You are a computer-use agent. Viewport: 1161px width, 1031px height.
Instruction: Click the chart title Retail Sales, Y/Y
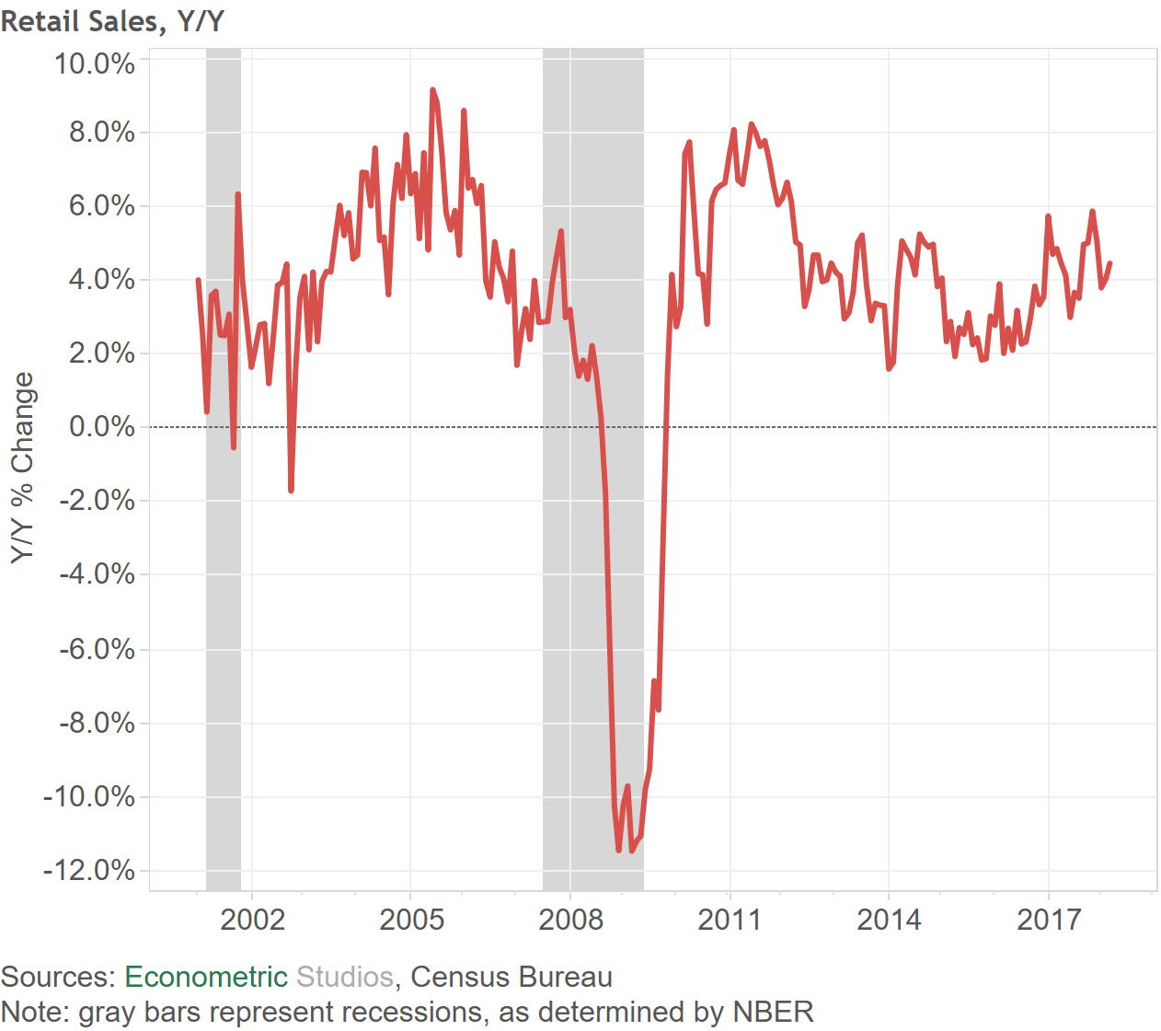coord(112,20)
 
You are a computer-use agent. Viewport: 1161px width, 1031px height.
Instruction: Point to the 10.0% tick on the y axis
coord(95,64)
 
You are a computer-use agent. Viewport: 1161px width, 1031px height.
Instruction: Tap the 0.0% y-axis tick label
coord(102,427)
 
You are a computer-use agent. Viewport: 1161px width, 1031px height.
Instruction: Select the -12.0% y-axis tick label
coord(89,870)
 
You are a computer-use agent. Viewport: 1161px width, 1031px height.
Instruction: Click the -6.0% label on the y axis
coord(97,649)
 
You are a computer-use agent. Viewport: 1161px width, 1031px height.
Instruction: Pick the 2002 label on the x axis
coord(252,919)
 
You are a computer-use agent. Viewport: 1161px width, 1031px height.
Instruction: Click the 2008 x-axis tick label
coord(570,919)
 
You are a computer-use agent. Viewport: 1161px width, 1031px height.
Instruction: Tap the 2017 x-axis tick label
coord(1048,919)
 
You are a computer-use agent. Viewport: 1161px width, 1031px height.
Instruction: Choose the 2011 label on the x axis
coord(730,919)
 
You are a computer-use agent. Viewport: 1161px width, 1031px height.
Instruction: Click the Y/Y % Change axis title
coord(22,468)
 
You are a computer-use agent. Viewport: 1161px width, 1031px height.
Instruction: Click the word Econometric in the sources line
coord(206,977)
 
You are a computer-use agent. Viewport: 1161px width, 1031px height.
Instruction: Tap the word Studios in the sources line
coord(344,977)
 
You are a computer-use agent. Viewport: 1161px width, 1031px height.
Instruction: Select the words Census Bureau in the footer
coord(512,977)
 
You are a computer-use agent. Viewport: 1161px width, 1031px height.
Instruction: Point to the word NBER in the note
coord(773,1012)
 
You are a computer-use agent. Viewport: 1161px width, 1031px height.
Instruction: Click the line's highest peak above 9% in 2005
coord(432,90)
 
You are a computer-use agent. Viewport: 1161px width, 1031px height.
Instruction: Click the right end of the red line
coord(1110,263)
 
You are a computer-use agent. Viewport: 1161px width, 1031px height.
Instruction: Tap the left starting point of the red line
coord(198,280)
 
